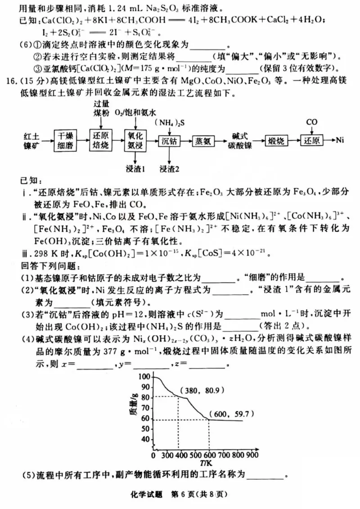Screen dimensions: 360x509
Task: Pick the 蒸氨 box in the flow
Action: click(204, 140)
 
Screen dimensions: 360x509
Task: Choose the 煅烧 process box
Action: click(276, 140)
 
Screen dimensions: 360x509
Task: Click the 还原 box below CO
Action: click(311, 140)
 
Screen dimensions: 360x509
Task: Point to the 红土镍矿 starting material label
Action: click(31, 140)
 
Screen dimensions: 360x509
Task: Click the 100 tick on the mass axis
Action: click(145, 376)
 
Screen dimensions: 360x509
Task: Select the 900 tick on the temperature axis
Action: click(252, 455)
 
